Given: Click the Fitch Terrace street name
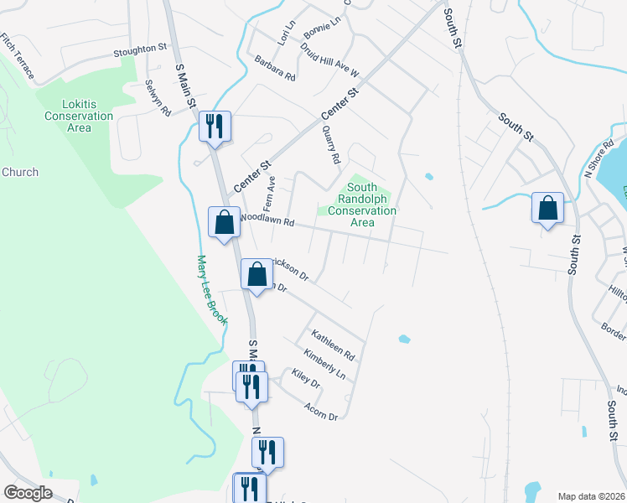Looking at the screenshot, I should pyautogui.click(x=18, y=56).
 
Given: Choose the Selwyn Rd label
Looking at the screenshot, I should pyautogui.click(x=158, y=98).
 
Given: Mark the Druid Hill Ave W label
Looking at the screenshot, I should pyautogui.click(x=329, y=57).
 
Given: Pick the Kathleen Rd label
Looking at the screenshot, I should pyautogui.click(x=338, y=345).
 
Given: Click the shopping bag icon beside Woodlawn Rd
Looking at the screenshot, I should pyautogui.click(x=224, y=223).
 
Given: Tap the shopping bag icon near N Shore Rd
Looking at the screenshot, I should pyautogui.click(x=547, y=208).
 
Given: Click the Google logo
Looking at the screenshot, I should pyautogui.click(x=28, y=493).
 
